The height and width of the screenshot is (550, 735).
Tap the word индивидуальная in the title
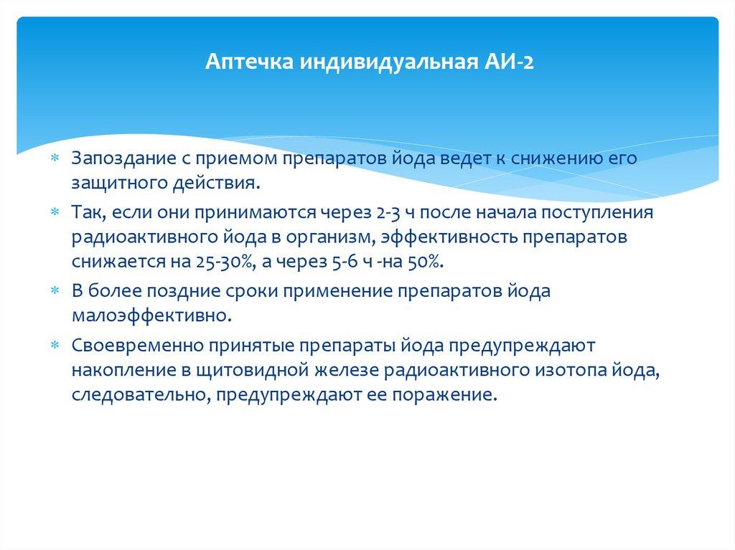pos(385,63)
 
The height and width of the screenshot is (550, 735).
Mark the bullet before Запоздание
pos(56,158)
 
